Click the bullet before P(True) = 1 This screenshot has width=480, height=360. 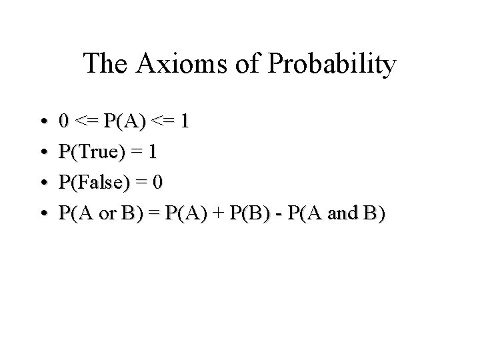point(43,153)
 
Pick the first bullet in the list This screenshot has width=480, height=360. point(43,122)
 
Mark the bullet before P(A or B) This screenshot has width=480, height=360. point(43,214)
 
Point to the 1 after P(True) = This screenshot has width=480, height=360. point(153,153)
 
